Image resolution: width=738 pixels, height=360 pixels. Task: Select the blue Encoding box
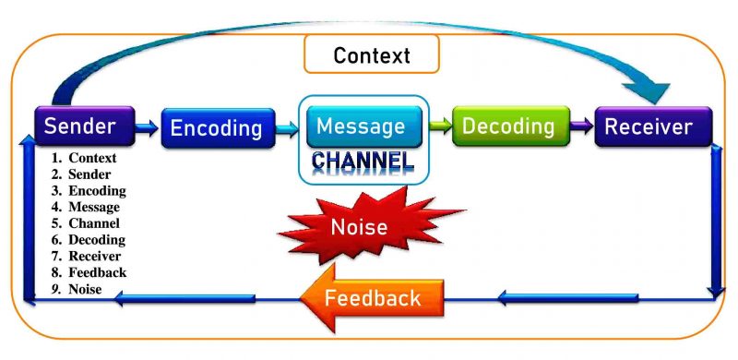[x=218, y=128]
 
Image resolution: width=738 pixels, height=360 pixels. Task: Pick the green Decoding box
[x=508, y=126]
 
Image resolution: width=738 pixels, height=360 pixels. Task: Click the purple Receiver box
[x=655, y=126]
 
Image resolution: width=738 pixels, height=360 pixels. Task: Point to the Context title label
[x=372, y=55]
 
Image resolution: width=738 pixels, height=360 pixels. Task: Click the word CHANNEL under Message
[x=362, y=162]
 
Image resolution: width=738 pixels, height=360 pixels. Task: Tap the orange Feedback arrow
[x=372, y=298]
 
